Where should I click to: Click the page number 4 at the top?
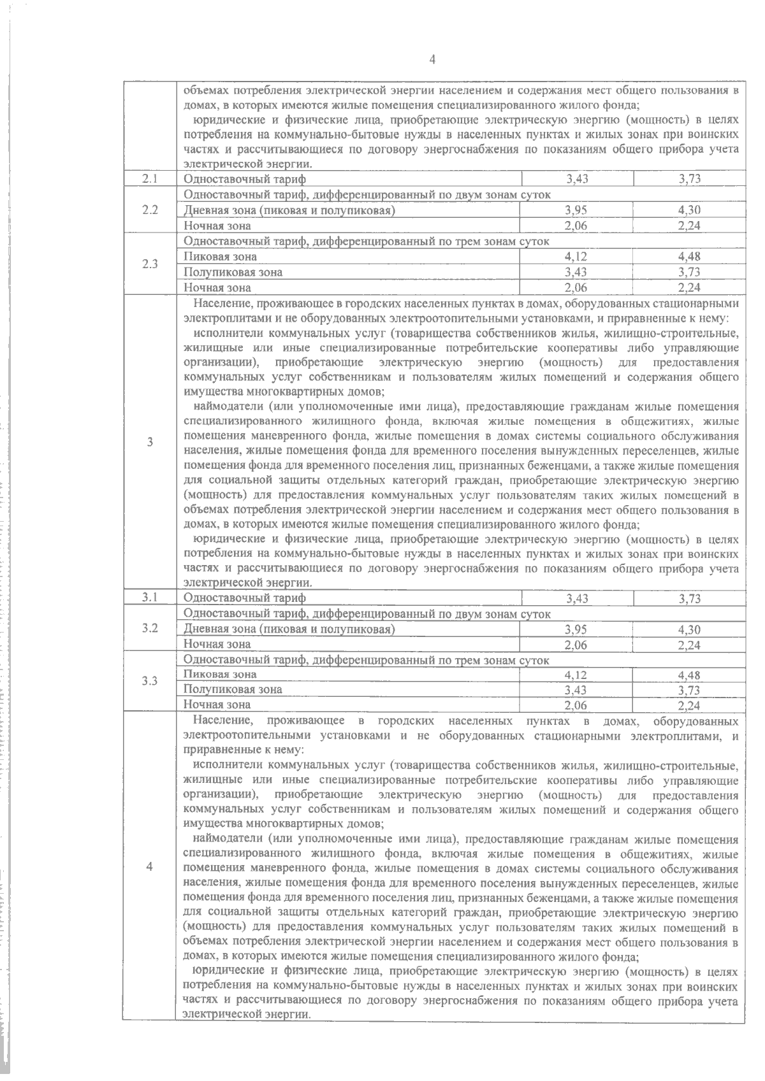pyautogui.click(x=433, y=60)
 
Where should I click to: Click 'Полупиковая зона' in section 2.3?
pyautogui.click(x=233, y=272)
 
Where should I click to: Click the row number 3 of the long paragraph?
pyautogui.click(x=150, y=442)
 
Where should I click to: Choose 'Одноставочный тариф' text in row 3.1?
pyautogui.click(x=245, y=598)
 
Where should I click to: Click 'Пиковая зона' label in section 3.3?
pyautogui.click(x=221, y=674)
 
